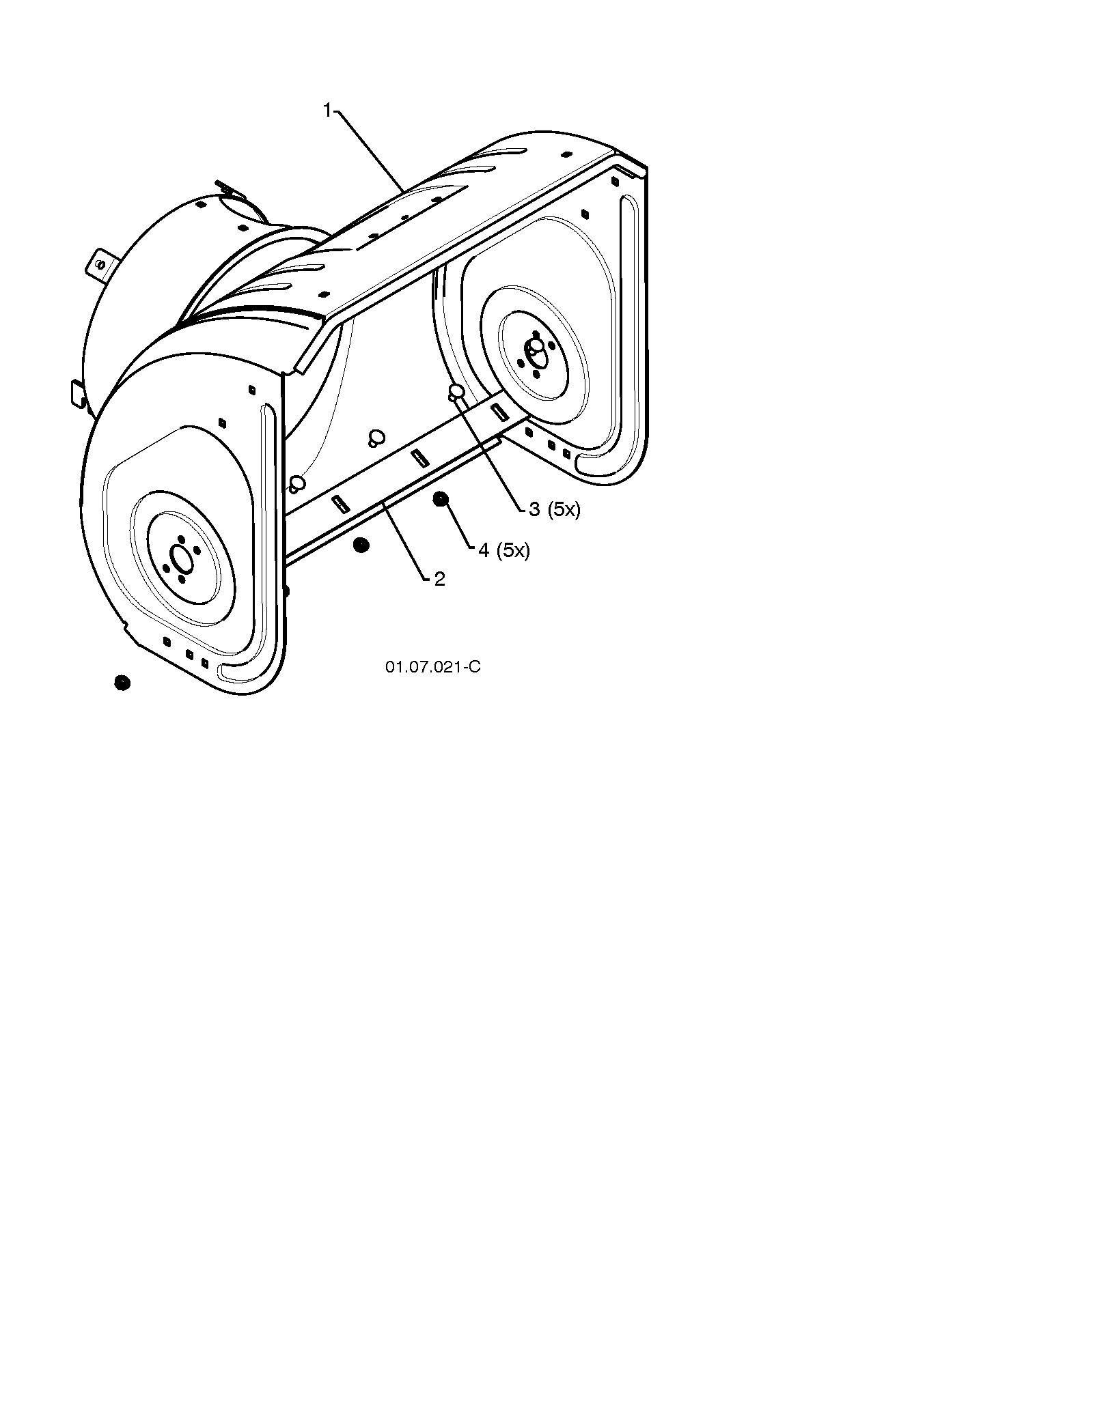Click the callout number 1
point(327,111)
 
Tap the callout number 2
point(439,580)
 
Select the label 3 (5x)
point(554,509)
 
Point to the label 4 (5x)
point(504,550)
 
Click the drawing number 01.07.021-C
point(433,667)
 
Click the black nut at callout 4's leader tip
point(441,500)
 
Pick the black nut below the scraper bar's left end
point(361,545)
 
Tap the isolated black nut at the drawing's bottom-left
point(122,683)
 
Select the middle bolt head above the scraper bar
point(375,438)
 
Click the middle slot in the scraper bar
point(420,458)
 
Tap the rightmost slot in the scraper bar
point(500,411)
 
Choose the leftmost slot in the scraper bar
point(340,504)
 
